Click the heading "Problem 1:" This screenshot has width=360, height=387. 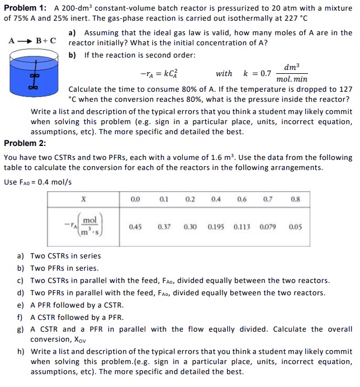click(x=26, y=8)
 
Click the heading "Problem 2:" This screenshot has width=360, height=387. click(x=26, y=143)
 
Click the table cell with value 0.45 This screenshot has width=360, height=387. click(x=135, y=226)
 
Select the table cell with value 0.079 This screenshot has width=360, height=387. click(x=269, y=226)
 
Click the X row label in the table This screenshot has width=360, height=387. click(x=83, y=199)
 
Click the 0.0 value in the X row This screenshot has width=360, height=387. click(x=135, y=199)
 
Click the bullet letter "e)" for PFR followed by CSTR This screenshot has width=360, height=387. click(x=20, y=305)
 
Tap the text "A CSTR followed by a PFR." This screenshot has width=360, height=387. click(x=77, y=317)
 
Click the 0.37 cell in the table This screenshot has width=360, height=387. click(x=164, y=226)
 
